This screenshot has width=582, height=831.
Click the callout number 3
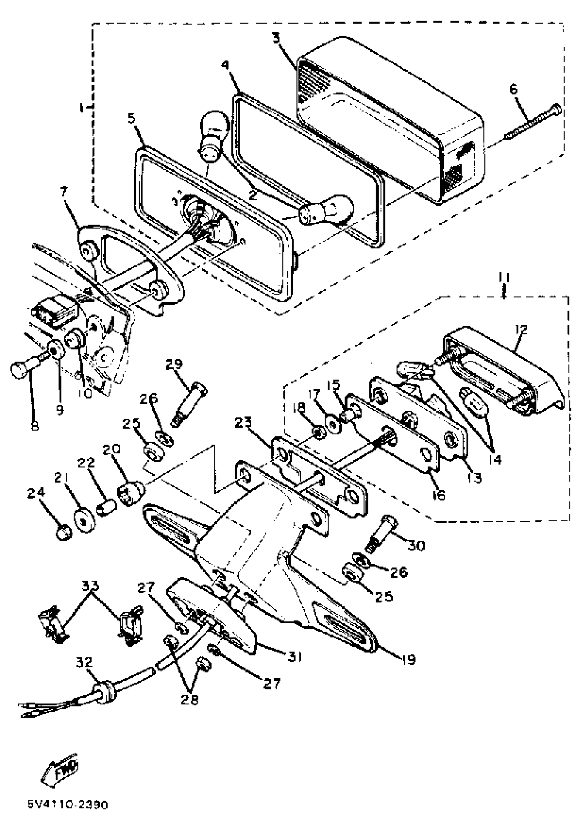click(276, 38)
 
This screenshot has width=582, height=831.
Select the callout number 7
click(64, 191)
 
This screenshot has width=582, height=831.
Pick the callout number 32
click(84, 662)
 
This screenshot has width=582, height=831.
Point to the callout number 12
click(521, 329)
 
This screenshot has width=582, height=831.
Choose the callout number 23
click(243, 423)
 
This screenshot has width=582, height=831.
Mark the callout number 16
click(439, 495)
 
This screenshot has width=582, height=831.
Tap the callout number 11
click(504, 278)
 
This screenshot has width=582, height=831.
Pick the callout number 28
click(190, 700)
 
